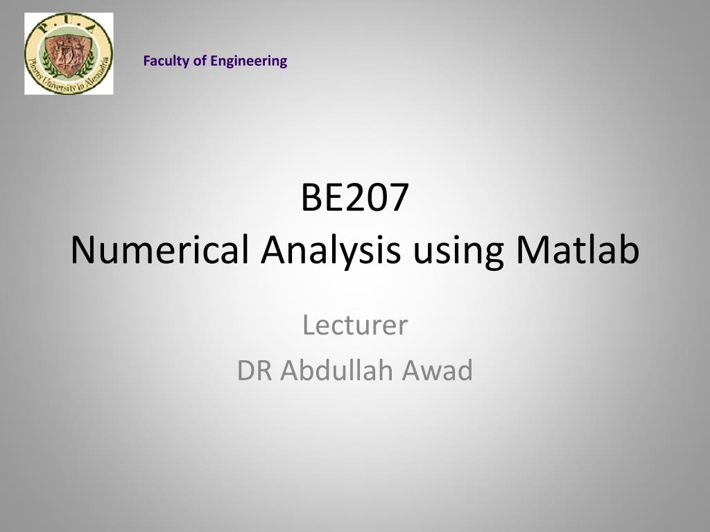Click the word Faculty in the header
[166, 61]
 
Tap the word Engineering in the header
[249, 61]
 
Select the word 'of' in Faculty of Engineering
[200, 61]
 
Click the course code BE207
[354, 199]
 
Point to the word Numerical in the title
[159, 251]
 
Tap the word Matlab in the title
[577, 251]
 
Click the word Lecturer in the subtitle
[355, 325]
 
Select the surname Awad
[440, 371]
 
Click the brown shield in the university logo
[69, 53]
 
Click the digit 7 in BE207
[398, 199]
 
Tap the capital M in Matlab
[532, 251]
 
